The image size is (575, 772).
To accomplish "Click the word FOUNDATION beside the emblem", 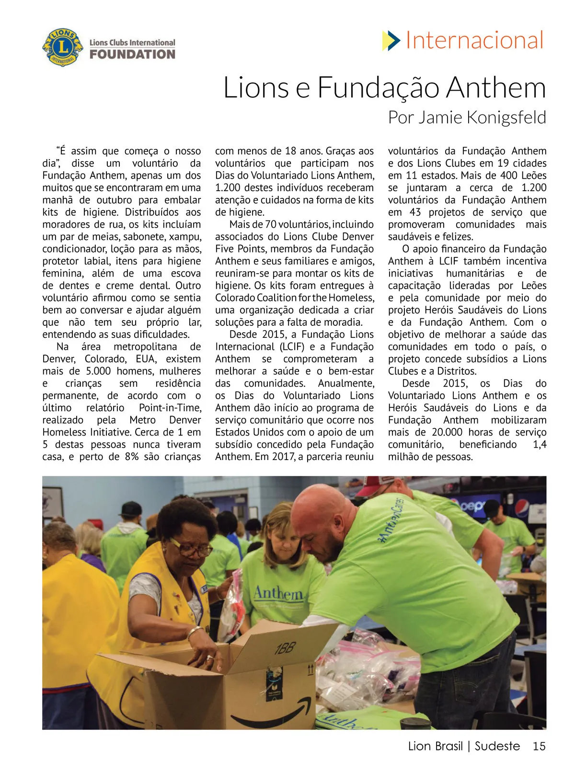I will coord(132,54).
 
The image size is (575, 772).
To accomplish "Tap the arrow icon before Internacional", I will coord(391,41).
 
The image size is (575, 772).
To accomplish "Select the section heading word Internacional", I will coord(474,40).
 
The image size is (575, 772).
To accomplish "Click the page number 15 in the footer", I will coord(539,746).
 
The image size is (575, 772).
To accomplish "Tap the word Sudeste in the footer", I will coord(497,746).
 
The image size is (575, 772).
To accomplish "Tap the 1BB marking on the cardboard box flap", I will coord(285,649).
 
